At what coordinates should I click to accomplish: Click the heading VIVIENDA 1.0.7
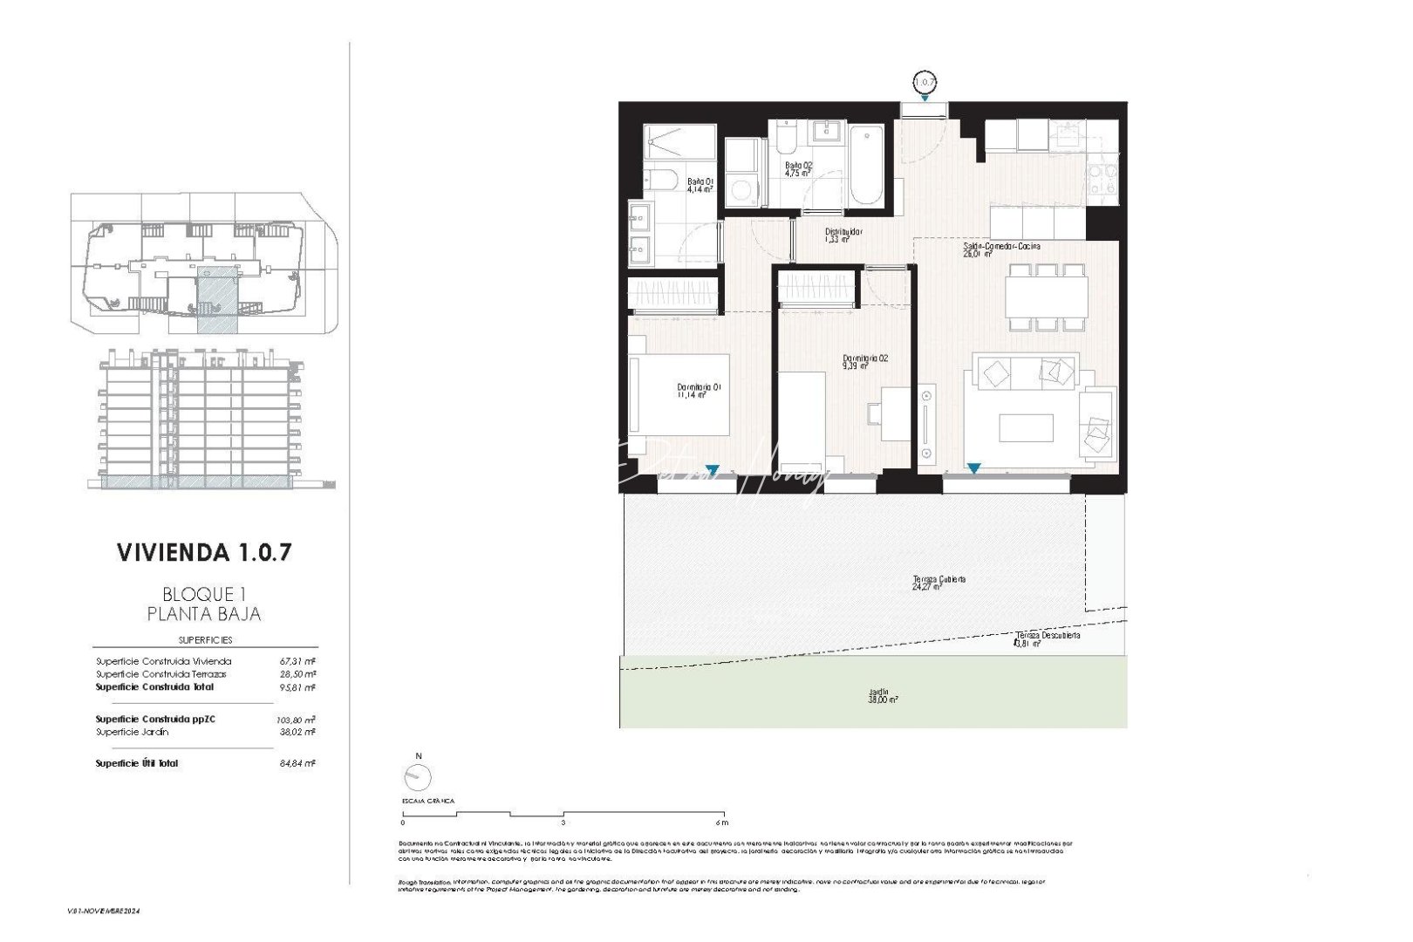(203, 552)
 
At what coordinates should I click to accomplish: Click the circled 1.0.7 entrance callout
(925, 83)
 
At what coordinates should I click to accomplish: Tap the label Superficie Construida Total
(154, 687)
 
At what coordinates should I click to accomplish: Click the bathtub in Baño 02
(866, 166)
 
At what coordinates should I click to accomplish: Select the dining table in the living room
(1046, 297)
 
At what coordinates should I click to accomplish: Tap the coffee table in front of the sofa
(1026, 428)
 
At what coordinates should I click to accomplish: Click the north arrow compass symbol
(418, 775)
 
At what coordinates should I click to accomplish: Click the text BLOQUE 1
(203, 594)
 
